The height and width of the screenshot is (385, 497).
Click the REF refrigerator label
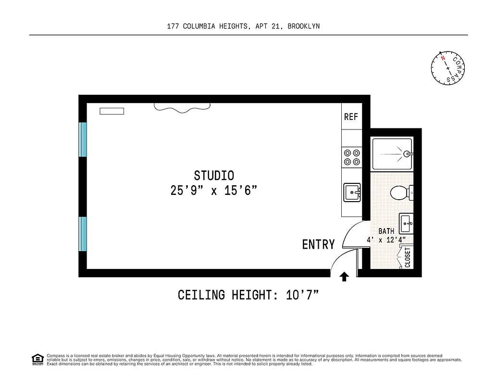(x=351, y=117)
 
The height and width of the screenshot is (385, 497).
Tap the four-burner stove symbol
(x=351, y=157)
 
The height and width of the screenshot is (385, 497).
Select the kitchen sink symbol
(x=352, y=192)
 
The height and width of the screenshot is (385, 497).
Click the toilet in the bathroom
(x=399, y=193)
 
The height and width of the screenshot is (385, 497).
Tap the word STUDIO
(x=214, y=176)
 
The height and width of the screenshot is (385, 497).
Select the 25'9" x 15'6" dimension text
(x=214, y=191)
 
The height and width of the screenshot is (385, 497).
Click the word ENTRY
(x=318, y=244)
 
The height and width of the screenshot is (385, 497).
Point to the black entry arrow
(x=344, y=276)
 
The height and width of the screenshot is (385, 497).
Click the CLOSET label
(x=408, y=257)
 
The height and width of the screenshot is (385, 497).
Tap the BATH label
(x=386, y=231)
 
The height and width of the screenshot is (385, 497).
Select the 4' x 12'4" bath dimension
(x=386, y=240)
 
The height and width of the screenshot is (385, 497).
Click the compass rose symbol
(x=448, y=67)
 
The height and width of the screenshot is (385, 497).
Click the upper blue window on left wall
(x=83, y=139)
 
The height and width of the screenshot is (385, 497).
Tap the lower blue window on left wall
(x=83, y=234)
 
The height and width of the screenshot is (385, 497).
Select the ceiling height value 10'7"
(x=303, y=295)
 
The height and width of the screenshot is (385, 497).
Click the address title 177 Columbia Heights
(x=243, y=26)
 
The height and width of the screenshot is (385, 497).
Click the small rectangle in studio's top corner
(x=112, y=111)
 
